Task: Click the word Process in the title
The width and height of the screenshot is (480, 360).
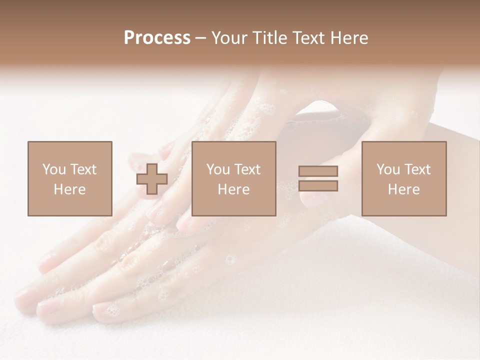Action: coord(157,38)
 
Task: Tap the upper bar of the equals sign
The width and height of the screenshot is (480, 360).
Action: coord(318,171)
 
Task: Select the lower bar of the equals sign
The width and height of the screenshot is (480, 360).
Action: coord(318,186)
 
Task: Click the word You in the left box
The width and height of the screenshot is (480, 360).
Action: coord(53,169)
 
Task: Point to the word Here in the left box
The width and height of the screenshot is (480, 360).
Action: coord(69,189)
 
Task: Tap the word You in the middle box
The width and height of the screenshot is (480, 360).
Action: coord(217,169)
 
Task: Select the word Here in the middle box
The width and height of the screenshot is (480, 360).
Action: coord(233,189)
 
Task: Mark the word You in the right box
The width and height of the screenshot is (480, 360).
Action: coord(387,169)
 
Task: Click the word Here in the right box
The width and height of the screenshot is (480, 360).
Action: coord(403,189)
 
